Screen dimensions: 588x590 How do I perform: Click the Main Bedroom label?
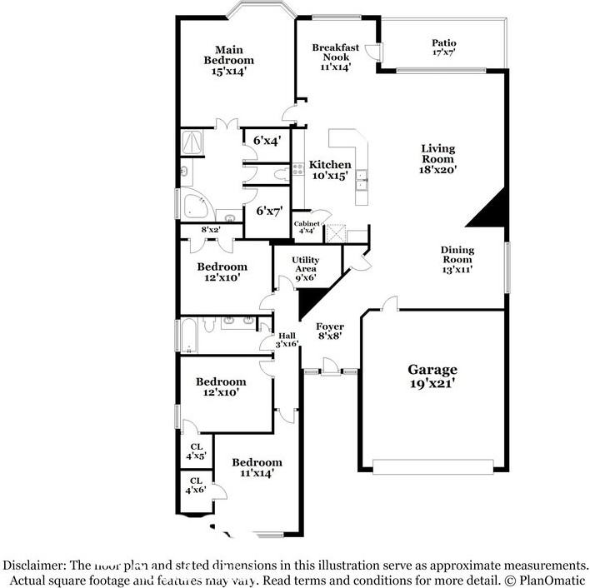pos(229,61)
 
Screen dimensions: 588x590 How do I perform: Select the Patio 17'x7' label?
pos(443,47)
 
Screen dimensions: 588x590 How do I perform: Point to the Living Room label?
pos(437,158)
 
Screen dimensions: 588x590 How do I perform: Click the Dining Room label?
pos(457,259)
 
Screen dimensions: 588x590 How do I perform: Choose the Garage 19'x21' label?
pos(432,376)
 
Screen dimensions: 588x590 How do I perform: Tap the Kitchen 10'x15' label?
pos(330,170)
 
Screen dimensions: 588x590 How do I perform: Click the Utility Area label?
pos(305,270)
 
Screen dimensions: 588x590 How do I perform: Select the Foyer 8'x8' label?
pos(330,331)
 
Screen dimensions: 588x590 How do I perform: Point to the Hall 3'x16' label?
pos(287,339)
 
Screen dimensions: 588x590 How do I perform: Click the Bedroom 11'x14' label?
pos(257,467)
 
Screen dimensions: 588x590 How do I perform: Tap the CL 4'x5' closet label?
pos(196,451)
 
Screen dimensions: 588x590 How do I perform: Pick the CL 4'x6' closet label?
pos(196,486)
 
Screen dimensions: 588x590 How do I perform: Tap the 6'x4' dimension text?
pos(267,141)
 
